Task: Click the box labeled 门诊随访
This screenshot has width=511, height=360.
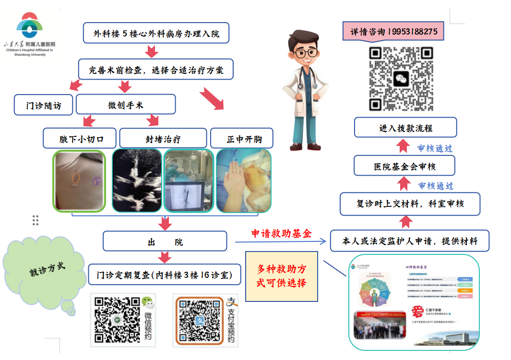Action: pyautogui.click(x=43, y=105)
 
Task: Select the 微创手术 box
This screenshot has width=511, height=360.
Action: pyautogui.click(x=126, y=105)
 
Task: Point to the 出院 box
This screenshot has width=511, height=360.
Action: pyautogui.click(x=165, y=241)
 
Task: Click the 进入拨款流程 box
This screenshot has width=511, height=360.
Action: pyautogui.click(x=405, y=128)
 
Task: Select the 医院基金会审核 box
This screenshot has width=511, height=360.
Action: pyautogui.click(x=404, y=166)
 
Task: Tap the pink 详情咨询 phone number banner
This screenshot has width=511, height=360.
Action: pyautogui.click(x=393, y=32)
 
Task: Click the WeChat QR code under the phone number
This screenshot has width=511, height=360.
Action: pyautogui.click(x=401, y=79)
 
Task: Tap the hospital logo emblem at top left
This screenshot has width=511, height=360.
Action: pyautogui.click(x=30, y=26)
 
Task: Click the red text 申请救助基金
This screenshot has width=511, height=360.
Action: pyautogui.click(x=281, y=234)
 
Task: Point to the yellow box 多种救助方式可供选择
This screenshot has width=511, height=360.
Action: pyautogui.click(x=282, y=276)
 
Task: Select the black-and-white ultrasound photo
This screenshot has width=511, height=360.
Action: pyautogui.click(x=137, y=180)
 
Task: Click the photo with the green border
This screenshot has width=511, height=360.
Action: pyautogui.click(x=79, y=180)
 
